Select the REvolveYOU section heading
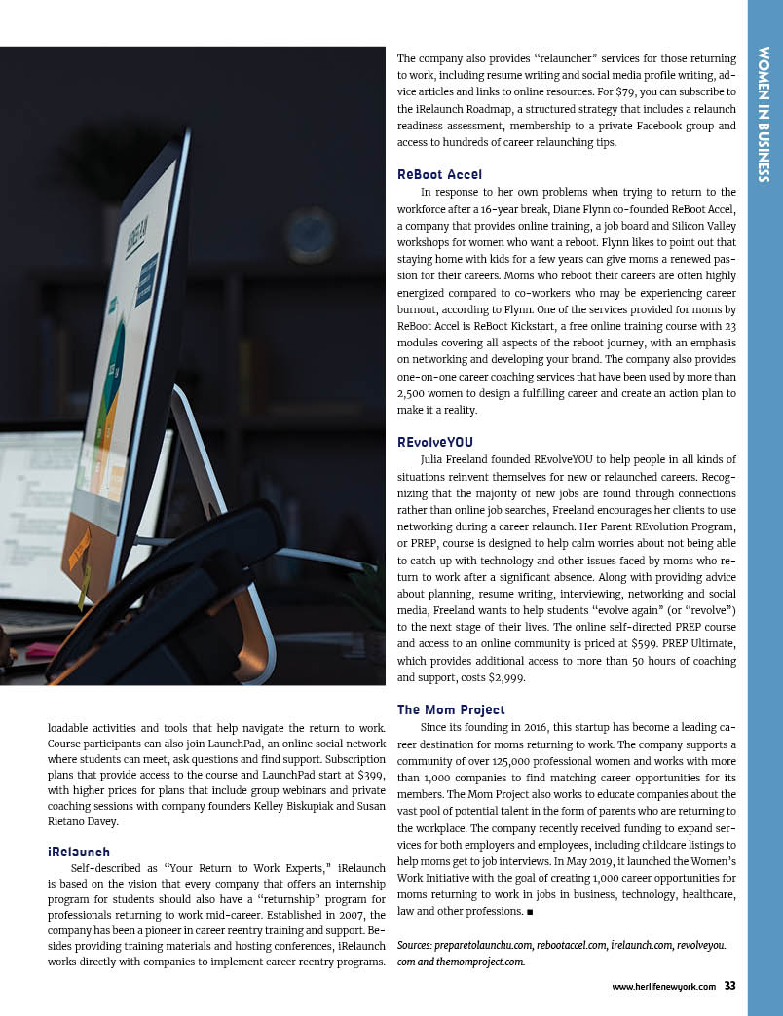point(435,442)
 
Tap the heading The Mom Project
point(451,708)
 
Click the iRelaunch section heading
point(79,852)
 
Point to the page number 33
point(729,986)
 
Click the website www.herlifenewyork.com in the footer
point(663,987)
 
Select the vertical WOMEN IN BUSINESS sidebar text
point(764,114)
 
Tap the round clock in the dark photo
point(311,235)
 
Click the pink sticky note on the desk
point(41,650)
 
